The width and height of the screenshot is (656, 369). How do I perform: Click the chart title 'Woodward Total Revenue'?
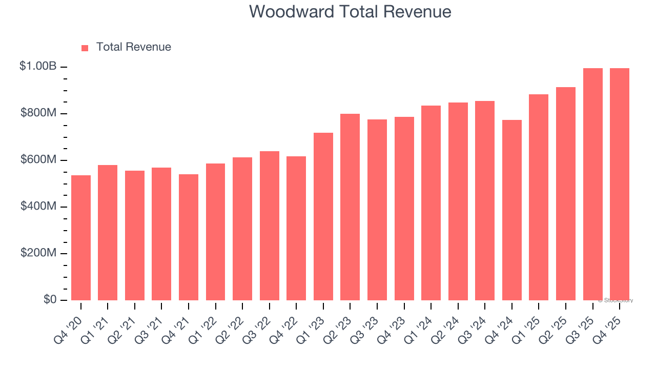350,12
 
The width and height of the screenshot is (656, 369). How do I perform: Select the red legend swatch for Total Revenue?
85,48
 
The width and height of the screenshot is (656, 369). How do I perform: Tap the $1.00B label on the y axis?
38,66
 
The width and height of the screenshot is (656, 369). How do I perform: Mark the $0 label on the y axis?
50,299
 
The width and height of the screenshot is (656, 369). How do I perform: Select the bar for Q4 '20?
81,238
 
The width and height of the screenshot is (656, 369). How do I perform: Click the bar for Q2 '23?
350,207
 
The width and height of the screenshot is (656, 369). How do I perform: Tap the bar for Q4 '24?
511,210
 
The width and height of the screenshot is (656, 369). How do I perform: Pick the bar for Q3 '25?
592,184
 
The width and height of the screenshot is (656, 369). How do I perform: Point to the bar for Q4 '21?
189,237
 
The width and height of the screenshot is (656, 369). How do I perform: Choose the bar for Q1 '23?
323,216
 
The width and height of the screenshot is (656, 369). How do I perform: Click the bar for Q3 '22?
269,225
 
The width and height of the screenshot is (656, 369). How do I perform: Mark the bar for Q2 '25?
565,194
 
